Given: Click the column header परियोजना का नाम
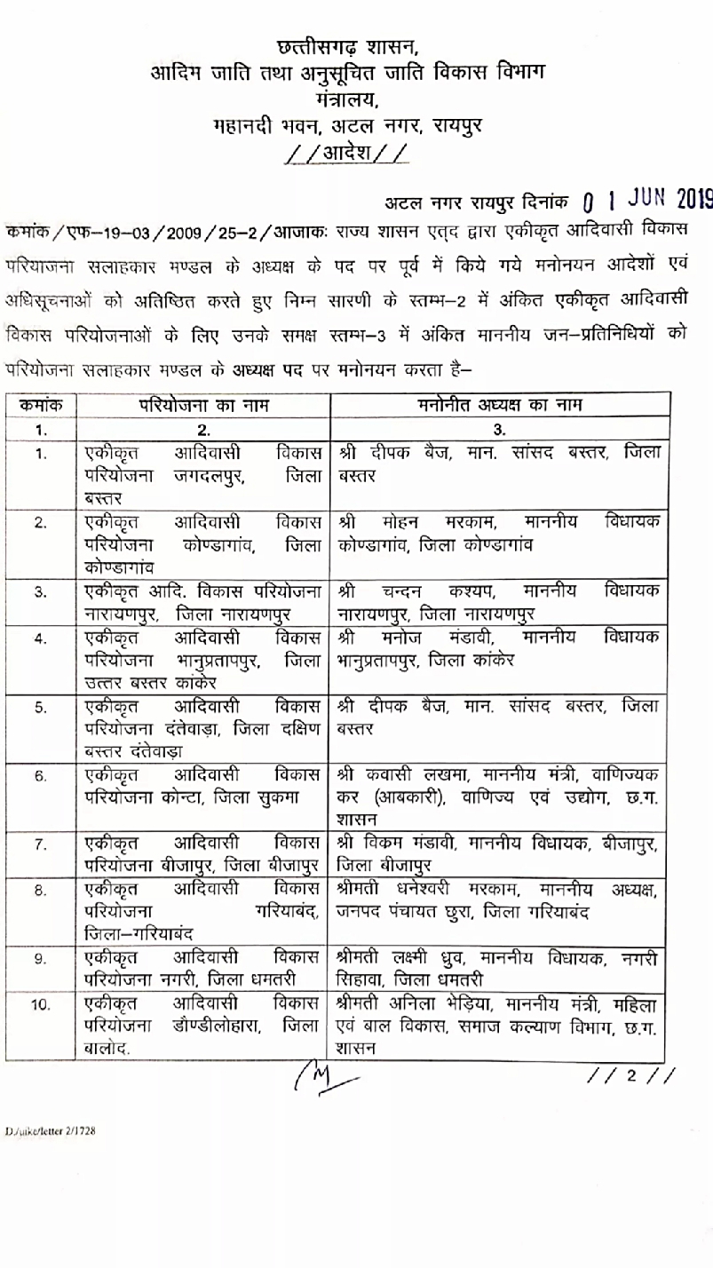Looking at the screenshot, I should tap(203, 406).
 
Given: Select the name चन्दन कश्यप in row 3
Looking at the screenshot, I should tap(436, 590).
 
